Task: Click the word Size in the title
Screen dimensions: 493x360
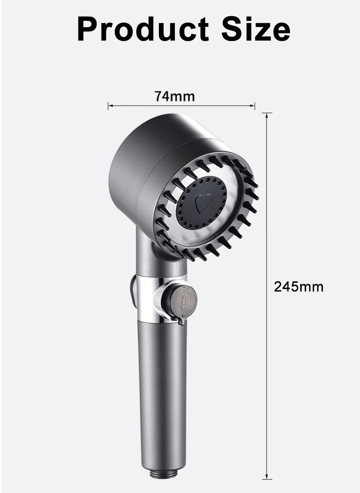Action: click(x=256, y=29)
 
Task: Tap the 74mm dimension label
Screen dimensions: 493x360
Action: click(x=174, y=97)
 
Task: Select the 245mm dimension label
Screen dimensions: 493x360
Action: click(x=298, y=287)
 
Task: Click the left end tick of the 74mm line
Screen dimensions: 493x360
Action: click(x=108, y=106)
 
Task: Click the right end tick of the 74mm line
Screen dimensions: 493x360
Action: click(x=255, y=106)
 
